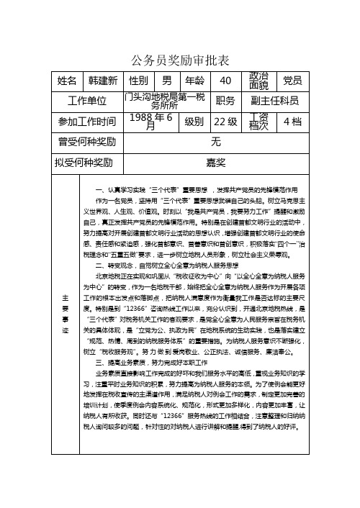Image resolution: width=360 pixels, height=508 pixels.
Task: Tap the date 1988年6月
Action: click(x=150, y=121)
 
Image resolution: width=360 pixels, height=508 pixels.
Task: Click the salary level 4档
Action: click(x=292, y=121)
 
